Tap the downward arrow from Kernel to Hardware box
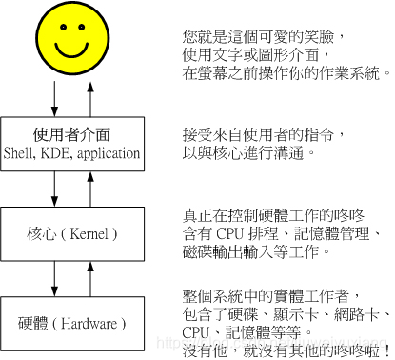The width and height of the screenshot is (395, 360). tap(55, 277)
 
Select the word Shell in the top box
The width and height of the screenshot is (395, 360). tap(21, 152)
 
